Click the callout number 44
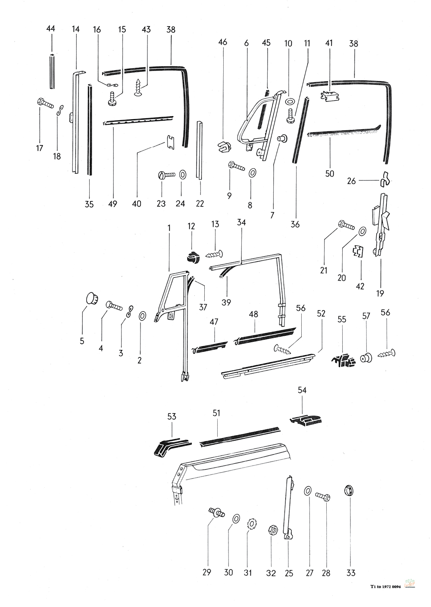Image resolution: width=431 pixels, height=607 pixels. [x=51, y=28]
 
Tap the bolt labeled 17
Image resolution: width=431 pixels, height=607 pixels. [x=44, y=103]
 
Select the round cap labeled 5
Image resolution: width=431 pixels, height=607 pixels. [x=91, y=298]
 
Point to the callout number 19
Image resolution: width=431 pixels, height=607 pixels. [x=380, y=294]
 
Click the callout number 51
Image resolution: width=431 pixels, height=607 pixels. [x=216, y=413]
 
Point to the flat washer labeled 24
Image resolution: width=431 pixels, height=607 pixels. [x=182, y=174]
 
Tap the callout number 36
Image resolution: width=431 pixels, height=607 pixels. [x=295, y=224]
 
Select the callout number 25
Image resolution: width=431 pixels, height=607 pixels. [x=289, y=573]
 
